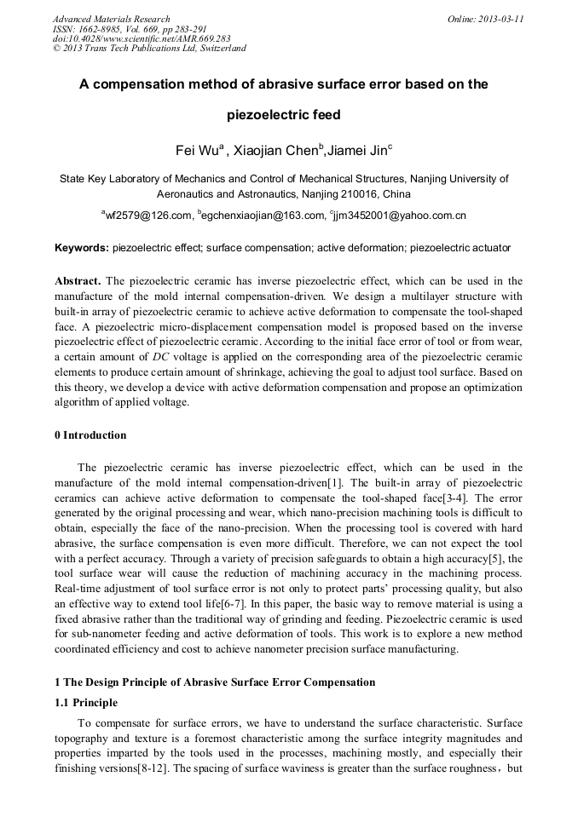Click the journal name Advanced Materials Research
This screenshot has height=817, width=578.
(x=112, y=19)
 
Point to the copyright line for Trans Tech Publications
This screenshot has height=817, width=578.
(x=149, y=49)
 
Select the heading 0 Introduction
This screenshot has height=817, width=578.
(x=90, y=435)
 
